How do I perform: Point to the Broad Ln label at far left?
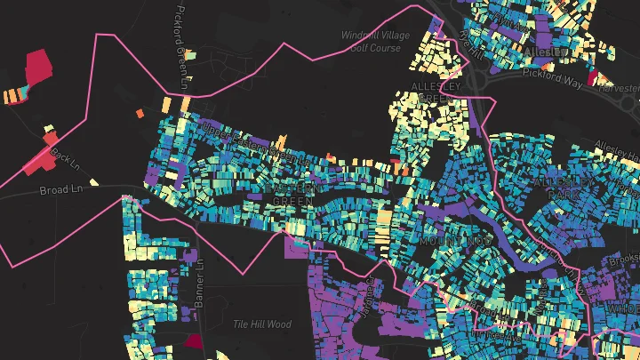pos(56,190)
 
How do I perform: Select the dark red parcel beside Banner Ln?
pos(193,340)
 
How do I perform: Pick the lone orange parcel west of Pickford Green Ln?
pos(140,113)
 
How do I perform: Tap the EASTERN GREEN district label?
pos(291,196)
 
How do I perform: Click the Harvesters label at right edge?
pos(620,88)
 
